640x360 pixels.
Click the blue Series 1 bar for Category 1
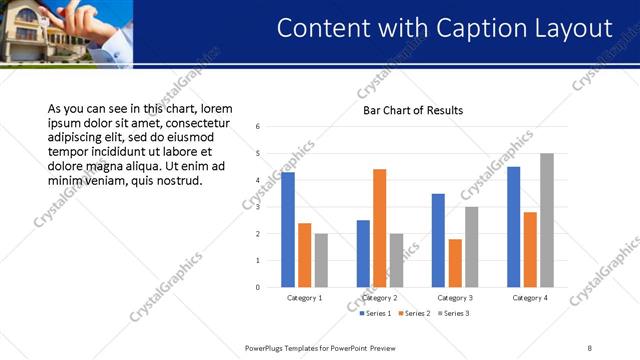point(288,230)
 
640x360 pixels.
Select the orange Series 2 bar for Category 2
point(379,228)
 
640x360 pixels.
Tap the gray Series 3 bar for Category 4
point(546,220)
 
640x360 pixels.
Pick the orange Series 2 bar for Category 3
point(455,263)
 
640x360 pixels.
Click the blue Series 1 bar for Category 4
point(514,227)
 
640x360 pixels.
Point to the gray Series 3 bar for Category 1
point(321,260)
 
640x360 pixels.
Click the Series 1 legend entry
point(378,314)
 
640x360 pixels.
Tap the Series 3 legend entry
point(454,314)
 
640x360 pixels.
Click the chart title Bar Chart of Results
point(413,110)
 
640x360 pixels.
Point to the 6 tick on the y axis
point(258,127)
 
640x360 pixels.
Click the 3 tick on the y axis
point(258,207)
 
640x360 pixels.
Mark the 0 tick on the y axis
point(258,288)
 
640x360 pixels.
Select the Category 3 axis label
point(455,298)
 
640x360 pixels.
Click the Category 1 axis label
point(304,298)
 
